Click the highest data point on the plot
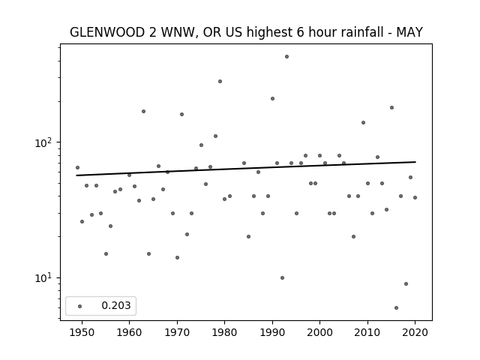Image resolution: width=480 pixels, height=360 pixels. pyautogui.click(x=286, y=57)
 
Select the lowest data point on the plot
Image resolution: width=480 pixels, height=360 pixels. pyautogui.click(x=397, y=308)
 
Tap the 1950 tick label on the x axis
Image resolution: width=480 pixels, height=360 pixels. pyautogui.click(x=82, y=332)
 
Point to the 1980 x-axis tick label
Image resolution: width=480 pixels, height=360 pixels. pyautogui.click(x=224, y=332)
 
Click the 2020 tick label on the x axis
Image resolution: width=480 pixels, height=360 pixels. pyautogui.click(x=415, y=332)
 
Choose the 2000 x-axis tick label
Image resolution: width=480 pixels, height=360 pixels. pyautogui.click(x=320, y=332)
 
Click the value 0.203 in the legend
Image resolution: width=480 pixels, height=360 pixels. pyautogui.click(x=116, y=305)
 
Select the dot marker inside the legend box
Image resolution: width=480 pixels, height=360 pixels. pyautogui.click(x=80, y=307)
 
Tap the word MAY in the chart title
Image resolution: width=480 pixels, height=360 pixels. pyautogui.click(x=409, y=32)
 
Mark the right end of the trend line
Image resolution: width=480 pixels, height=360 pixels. pyautogui.click(x=415, y=162)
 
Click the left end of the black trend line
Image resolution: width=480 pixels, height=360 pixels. pyautogui.click(x=76, y=175)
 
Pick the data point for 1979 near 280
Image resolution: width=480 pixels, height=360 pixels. pyautogui.click(x=220, y=82)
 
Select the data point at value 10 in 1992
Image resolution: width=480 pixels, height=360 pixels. pyautogui.click(x=282, y=278)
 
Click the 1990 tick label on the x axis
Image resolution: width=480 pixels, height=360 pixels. pyautogui.click(x=272, y=332)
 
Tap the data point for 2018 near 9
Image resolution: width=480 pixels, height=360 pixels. pyautogui.click(x=406, y=284)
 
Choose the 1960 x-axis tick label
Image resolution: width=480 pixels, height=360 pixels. pyautogui.click(x=129, y=332)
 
